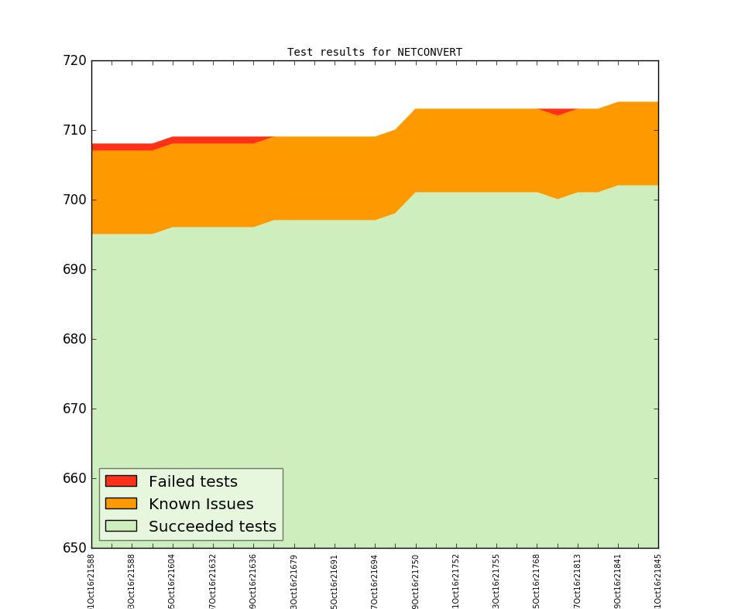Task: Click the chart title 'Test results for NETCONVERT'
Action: [x=375, y=53]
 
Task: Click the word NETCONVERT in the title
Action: [x=430, y=53]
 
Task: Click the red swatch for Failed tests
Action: [x=121, y=481]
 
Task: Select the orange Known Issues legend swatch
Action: [x=121, y=504]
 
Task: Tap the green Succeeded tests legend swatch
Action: [x=121, y=526]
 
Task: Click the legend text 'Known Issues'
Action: [x=201, y=505]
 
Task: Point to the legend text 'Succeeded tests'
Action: [x=212, y=527]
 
